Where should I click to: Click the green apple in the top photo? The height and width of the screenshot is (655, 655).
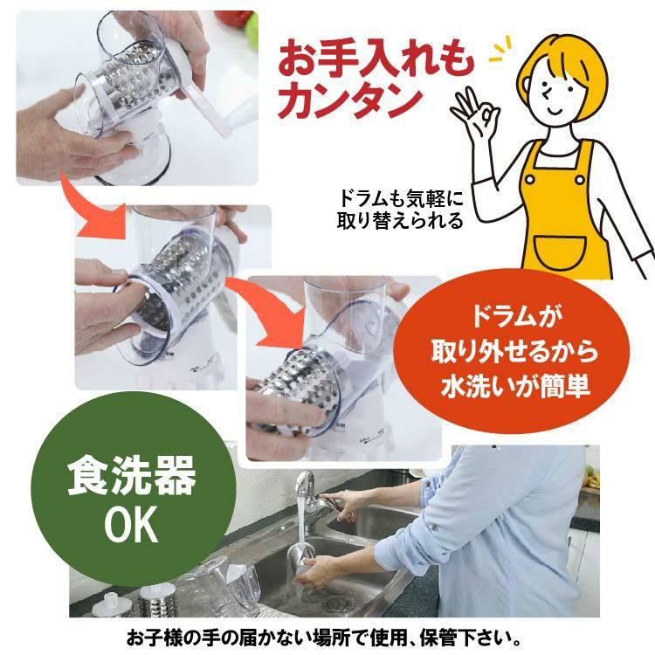coord(252,33)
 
